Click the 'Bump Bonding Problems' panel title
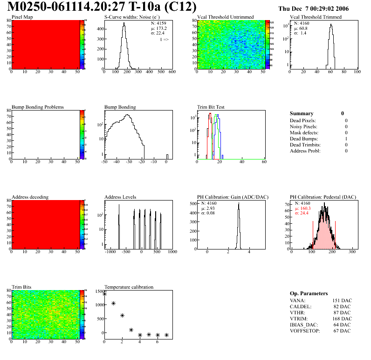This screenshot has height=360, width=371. coord(38,107)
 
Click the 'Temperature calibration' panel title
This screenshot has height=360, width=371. coord(129,287)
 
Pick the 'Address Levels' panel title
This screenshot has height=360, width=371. coord(120,197)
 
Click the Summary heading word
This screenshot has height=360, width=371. coord(302,113)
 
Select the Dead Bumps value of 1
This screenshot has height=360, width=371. coord(346,138)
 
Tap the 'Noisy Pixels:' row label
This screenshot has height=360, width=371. coord(303,126)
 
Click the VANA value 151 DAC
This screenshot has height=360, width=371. coord(342,300)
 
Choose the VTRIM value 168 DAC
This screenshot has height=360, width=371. coord(342,318)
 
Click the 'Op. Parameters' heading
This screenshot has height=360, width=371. coord(309,293)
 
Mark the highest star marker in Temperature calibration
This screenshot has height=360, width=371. coord(104,294)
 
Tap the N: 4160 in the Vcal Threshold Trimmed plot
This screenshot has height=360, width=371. coord(301,23)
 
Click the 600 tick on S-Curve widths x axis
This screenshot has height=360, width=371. coord(172,72)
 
